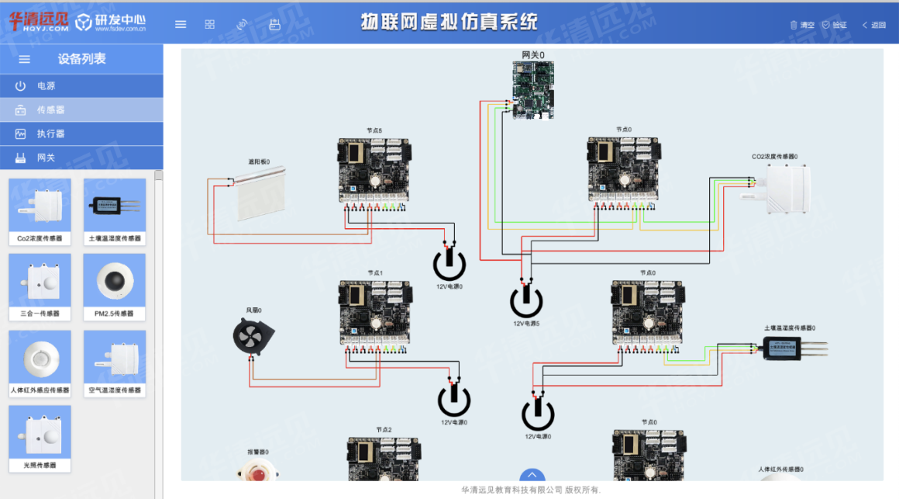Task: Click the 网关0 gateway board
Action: (x=533, y=89)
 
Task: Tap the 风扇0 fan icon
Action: (x=253, y=338)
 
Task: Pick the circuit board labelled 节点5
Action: (x=374, y=170)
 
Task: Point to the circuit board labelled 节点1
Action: (x=374, y=312)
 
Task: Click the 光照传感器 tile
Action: (x=40, y=436)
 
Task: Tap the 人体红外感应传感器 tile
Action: (x=40, y=361)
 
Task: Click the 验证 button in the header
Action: (x=835, y=25)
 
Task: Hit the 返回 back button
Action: (x=873, y=25)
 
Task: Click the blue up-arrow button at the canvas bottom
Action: (x=532, y=475)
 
